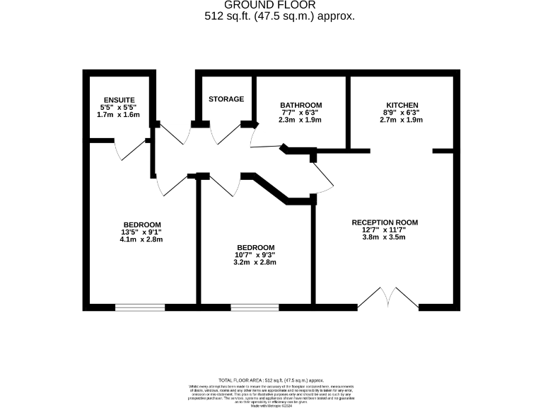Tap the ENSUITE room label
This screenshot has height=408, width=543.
[119, 99]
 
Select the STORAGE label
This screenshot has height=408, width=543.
[226, 99]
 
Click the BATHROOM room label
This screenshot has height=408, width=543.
[300, 106]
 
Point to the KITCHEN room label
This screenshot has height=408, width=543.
[401, 106]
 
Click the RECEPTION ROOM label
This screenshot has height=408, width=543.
[385, 222]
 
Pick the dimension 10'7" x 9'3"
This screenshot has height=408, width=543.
[255, 255]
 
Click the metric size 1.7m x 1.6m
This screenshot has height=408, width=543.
[119, 114]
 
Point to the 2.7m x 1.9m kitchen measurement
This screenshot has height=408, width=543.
[401, 120]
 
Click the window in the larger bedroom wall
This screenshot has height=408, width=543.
[140, 307]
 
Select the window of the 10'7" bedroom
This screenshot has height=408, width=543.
[255, 307]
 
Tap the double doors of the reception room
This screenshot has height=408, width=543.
[388, 299]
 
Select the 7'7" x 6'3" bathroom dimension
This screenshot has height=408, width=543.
[300, 113]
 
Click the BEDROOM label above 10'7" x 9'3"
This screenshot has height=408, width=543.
[255, 247]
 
